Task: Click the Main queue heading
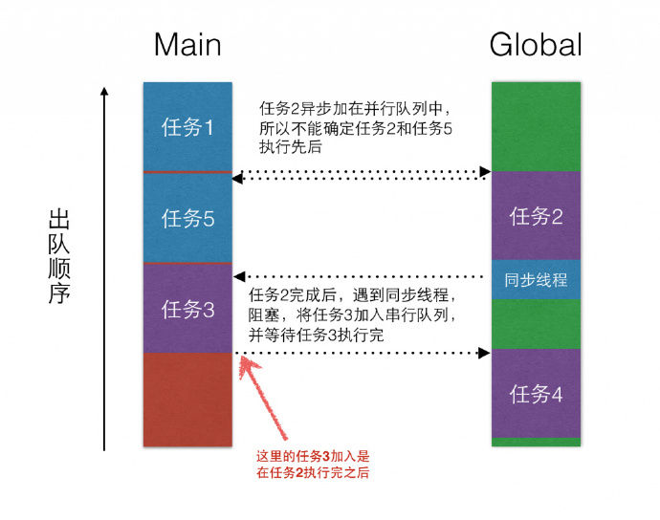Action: tap(187, 45)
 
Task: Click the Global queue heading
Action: tap(536, 45)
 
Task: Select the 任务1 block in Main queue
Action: tap(187, 127)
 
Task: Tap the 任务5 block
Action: tap(187, 218)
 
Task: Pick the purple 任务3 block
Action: tap(187, 309)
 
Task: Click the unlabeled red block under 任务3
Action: tap(187, 400)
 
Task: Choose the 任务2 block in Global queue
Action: tap(536, 216)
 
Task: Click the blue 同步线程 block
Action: tap(536, 281)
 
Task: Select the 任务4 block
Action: tap(536, 393)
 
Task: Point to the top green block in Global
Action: tap(536, 126)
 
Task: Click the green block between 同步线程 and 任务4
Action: tap(536, 325)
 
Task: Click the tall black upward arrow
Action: tap(104, 268)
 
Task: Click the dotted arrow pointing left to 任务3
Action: tap(362, 276)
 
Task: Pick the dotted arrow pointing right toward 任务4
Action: tap(362, 354)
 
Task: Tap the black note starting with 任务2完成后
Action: tap(359, 314)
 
